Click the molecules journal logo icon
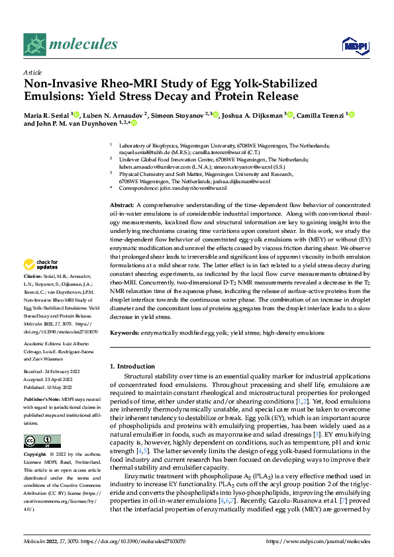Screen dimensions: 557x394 click(34, 44)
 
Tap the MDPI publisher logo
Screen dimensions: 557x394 click(352, 44)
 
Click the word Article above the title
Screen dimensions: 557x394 click(32, 73)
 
